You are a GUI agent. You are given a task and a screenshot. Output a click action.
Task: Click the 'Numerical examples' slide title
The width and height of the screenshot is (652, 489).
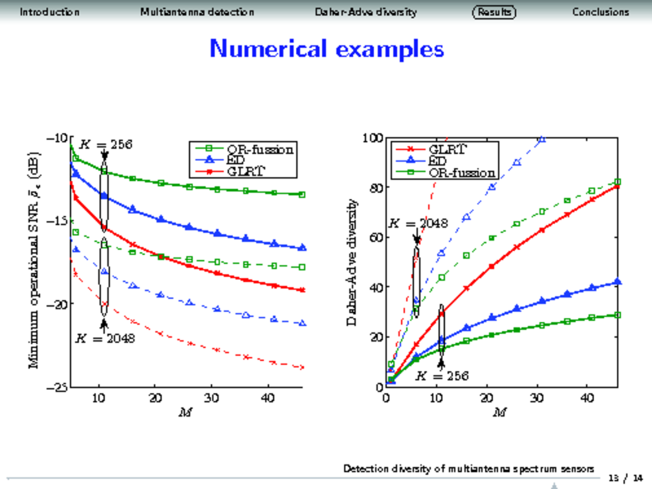click(x=327, y=49)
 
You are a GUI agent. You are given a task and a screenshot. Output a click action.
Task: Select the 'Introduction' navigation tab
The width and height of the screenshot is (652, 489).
click(x=49, y=12)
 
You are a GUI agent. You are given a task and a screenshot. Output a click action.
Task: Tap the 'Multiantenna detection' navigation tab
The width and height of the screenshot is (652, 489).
click(x=197, y=12)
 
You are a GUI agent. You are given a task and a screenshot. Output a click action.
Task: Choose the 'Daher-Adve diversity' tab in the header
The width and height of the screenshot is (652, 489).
click(x=366, y=12)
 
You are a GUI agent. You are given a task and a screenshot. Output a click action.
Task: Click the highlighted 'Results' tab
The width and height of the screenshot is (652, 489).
click(x=494, y=12)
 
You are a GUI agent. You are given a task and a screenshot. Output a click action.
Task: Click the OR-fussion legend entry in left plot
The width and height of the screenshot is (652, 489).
click(x=260, y=149)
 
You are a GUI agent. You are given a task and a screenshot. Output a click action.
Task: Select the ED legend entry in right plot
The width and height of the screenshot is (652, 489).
click(x=438, y=161)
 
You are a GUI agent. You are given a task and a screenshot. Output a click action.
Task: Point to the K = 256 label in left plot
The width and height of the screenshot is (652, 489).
click(x=104, y=144)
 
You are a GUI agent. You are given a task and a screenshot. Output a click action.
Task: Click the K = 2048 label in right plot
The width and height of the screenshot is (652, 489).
click(x=417, y=222)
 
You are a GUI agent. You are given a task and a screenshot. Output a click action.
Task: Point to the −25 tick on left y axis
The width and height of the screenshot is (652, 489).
click(x=55, y=388)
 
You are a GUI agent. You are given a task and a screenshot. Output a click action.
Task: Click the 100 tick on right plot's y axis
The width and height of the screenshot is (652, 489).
click(x=374, y=138)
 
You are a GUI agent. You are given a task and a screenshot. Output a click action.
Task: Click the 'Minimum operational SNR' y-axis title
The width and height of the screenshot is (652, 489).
click(x=33, y=261)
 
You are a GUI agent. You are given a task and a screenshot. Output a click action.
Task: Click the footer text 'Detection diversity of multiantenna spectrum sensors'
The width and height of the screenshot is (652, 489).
click(x=468, y=469)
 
